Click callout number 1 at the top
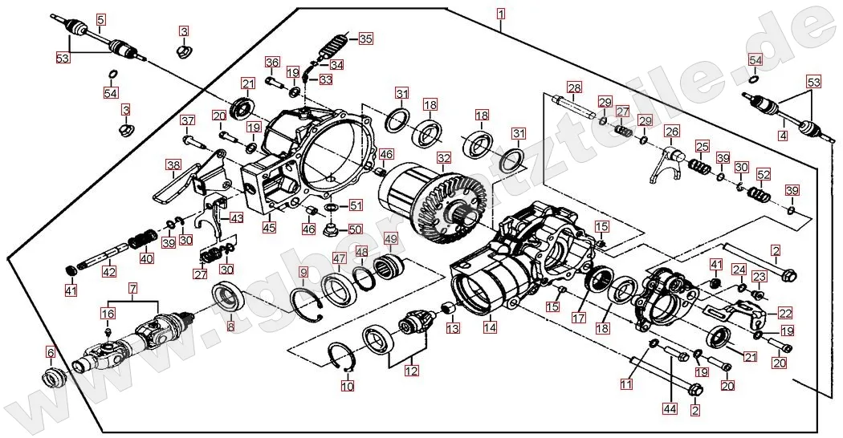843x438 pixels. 501,14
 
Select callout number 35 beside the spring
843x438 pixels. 365,39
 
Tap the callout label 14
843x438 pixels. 490,326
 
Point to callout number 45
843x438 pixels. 269,227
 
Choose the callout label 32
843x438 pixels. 444,158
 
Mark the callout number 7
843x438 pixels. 133,287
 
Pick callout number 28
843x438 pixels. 573,87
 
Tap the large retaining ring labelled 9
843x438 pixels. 307,302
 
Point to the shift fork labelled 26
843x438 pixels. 674,158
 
